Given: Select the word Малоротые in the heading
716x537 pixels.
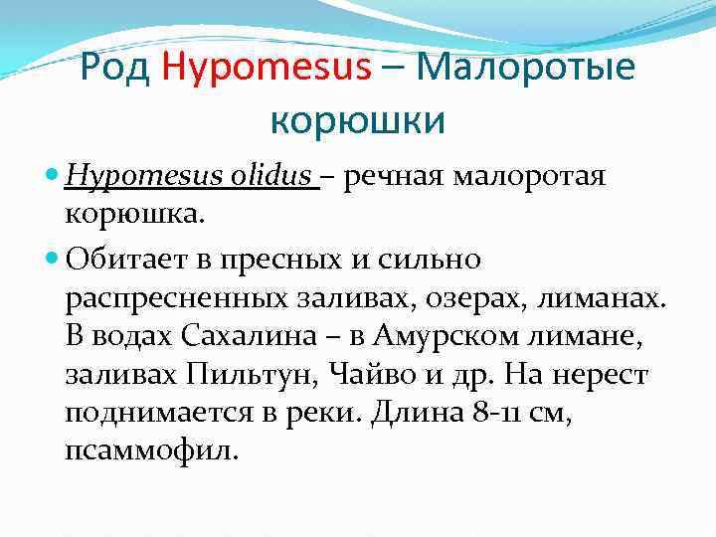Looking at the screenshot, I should tap(528, 69).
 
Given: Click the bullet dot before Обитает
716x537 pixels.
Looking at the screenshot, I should tap(53, 260).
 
